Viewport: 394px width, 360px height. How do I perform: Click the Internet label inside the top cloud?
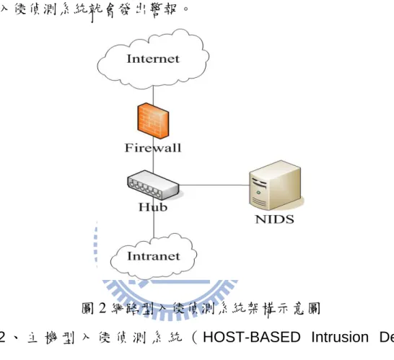pyautogui.click(x=153, y=58)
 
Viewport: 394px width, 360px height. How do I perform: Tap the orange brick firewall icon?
pyautogui.click(x=153, y=120)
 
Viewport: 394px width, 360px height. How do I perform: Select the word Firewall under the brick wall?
pyautogui.click(x=153, y=147)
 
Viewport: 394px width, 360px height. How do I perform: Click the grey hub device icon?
pyautogui.click(x=153, y=185)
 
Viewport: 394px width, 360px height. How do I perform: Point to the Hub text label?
pyautogui.click(x=153, y=207)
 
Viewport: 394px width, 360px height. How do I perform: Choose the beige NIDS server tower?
pyautogui.click(x=275, y=185)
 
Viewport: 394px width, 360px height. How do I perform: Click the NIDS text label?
pyautogui.click(x=274, y=219)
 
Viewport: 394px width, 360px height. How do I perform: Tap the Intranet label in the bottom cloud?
pyautogui.click(x=154, y=256)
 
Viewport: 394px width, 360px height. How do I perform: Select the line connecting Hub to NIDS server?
pyautogui.click(x=214, y=185)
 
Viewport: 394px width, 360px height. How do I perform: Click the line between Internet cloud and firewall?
pyautogui.click(x=153, y=95)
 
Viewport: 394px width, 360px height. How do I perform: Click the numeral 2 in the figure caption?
pyautogui.click(x=102, y=308)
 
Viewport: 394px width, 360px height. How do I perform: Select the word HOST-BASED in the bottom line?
pyautogui.click(x=252, y=337)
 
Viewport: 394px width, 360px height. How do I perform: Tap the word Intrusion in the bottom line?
pyautogui.click(x=340, y=337)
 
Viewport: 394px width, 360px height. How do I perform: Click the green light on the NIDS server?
pyautogui.click(x=258, y=193)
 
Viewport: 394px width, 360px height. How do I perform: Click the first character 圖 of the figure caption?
pyautogui.click(x=88, y=308)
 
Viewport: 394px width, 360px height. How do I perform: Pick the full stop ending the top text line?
pyautogui.click(x=186, y=9)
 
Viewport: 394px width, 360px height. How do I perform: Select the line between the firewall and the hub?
pyautogui.click(x=153, y=156)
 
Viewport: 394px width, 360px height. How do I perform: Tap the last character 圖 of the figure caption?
pyautogui.click(x=315, y=308)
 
